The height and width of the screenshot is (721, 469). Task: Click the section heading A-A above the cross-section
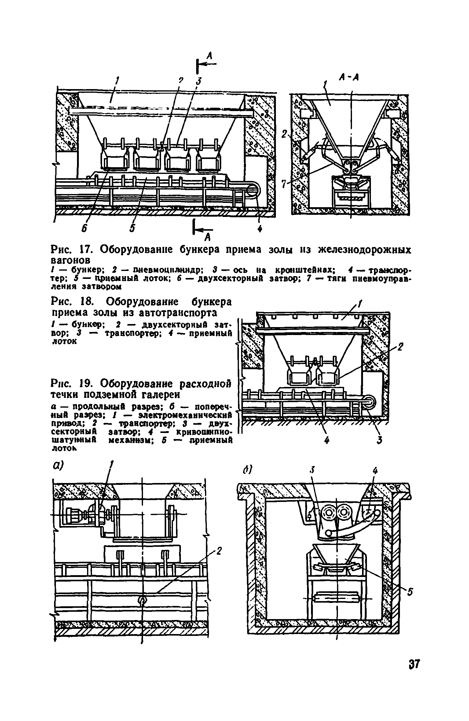349,78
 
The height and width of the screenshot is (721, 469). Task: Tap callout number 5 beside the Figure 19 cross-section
410,592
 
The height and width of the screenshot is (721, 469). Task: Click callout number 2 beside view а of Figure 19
219,551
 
